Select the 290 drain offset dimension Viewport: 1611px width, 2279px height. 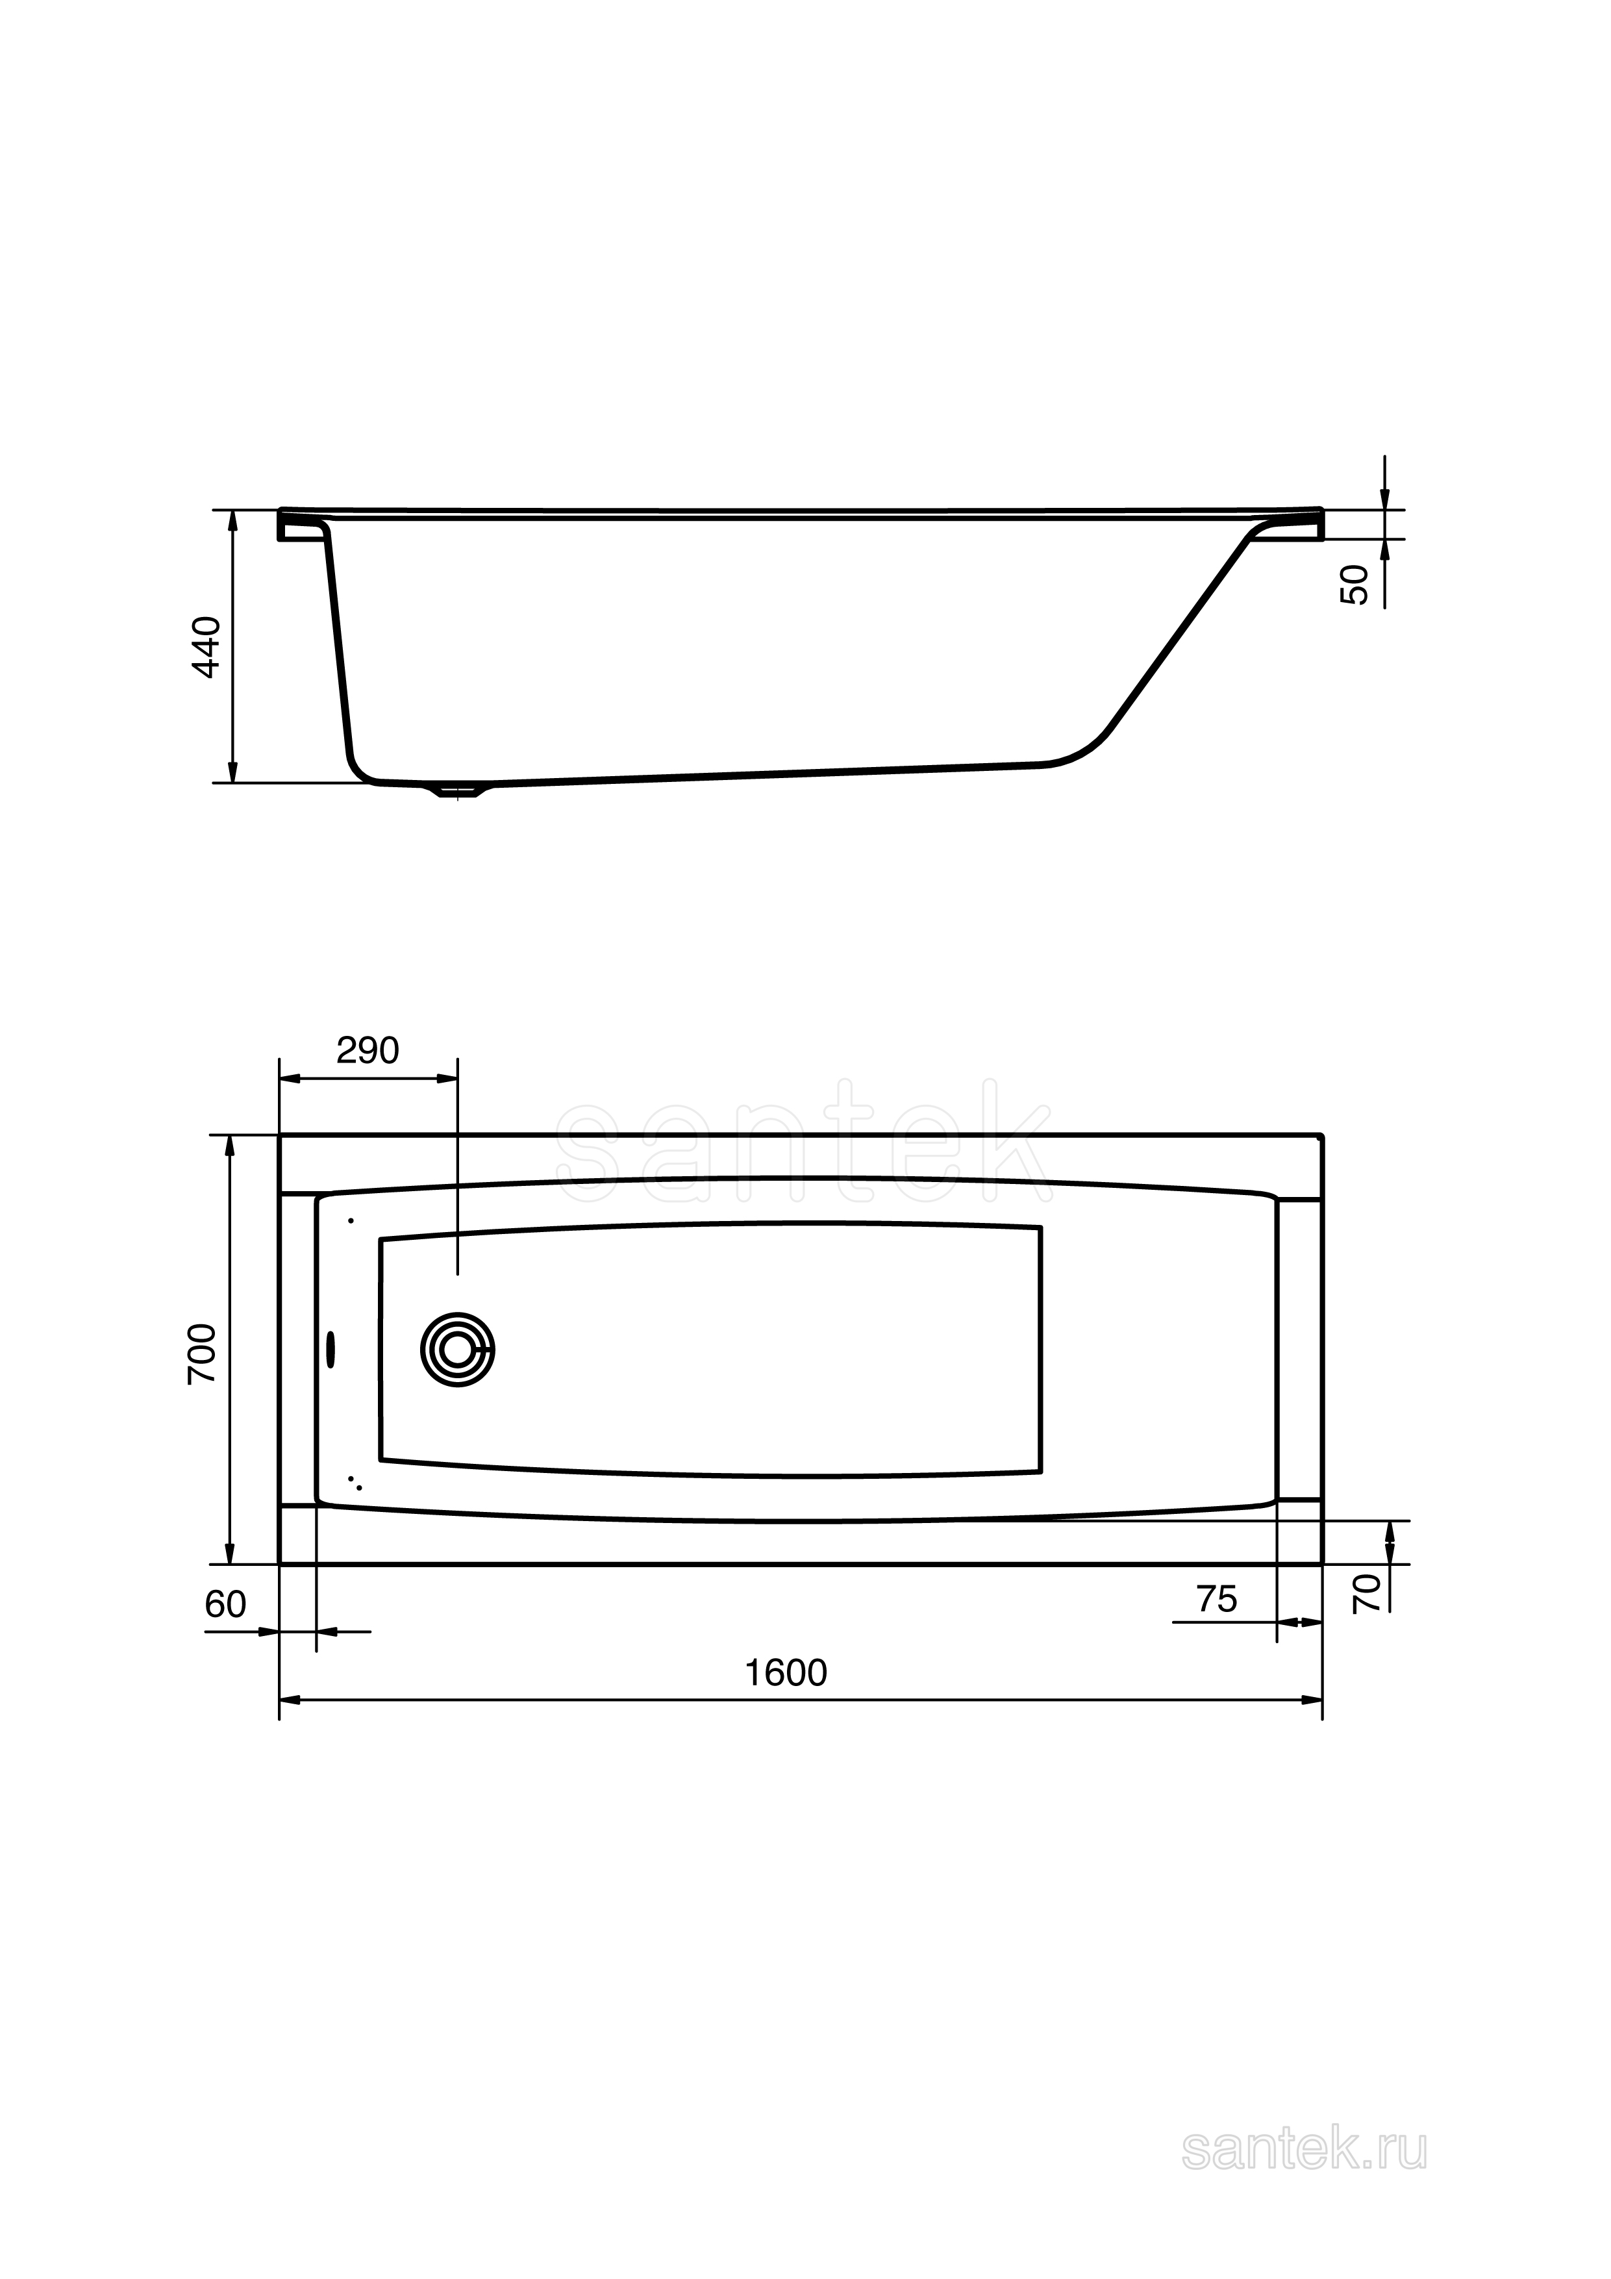point(368,1050)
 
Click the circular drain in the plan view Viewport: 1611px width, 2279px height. point(458,1350)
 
